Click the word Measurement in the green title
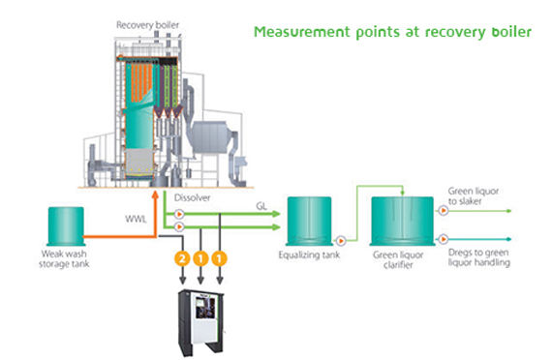click(302, 32)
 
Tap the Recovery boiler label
click(147, 25)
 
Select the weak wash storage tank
click(66, 225)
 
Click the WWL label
click(136, 220)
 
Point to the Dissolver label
click(192, 197)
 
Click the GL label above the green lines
click(261, 206)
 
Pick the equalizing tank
click(309, 221)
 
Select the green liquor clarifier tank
click(403, 221)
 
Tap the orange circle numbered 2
click(182, 259)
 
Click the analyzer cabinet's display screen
click(205, 307)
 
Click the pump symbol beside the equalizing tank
click(341, 241)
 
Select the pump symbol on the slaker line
click(444, 210)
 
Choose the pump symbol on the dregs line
click(444, 239)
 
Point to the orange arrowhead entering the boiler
click(155, 195)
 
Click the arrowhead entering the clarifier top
click(403, 193)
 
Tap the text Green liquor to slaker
click(474, 196)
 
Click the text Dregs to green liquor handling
click(479, 257)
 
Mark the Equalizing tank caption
click(309, 255)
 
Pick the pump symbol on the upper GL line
click(179, 214)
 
